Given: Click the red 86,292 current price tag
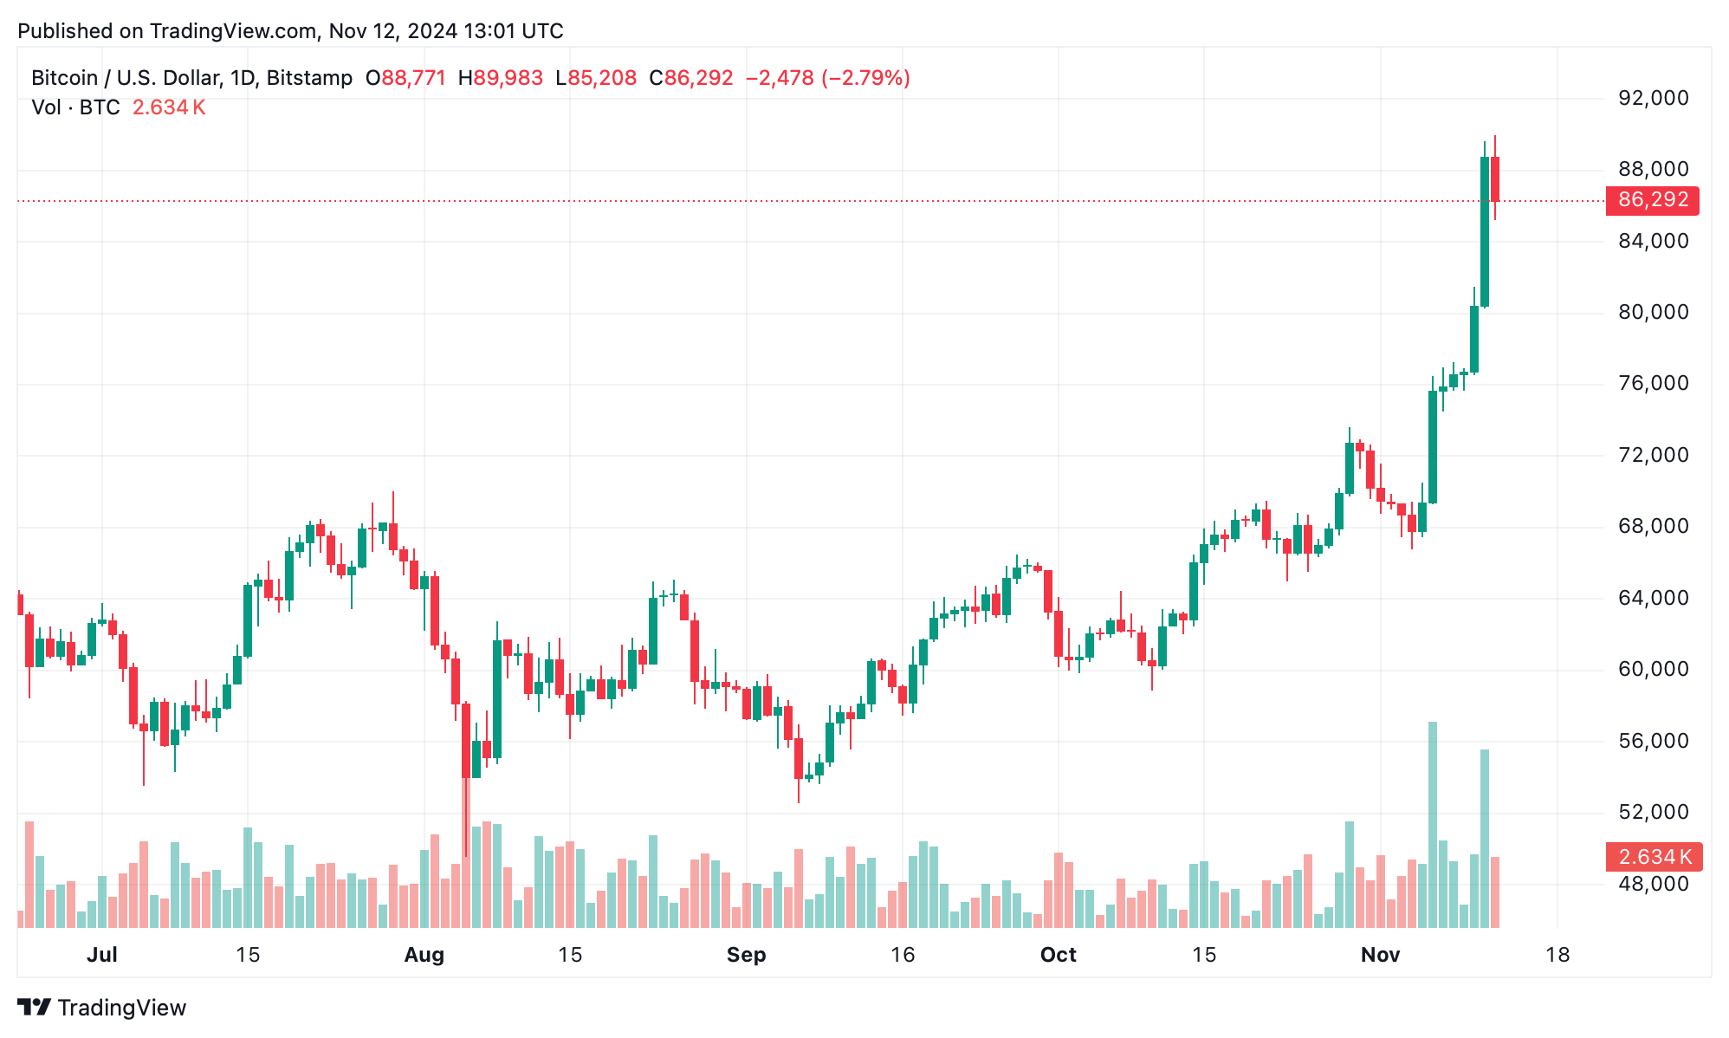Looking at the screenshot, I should pyautogui.click(x=1652, y=200).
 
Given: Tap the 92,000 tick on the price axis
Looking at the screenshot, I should pyautogui.click(x=1654, y=98).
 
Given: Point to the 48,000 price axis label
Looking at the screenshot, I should pyautogui.click(x=1654, y=884).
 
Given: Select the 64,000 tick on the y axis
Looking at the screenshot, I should pyautogui.click(x=1654, y=598).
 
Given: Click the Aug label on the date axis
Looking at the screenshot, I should pyautogui.click(x=424, y=955).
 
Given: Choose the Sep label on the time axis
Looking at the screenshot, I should pyautogui.click(x=746, y=955).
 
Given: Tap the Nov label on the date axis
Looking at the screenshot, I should pyautogui.click(x=1380, y=955).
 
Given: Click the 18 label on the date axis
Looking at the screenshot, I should pyautogui.click(x=1557, y=955).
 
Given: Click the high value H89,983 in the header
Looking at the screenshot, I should pyautogui.click(x=501, y=78).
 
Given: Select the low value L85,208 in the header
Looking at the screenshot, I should pyautogui.click(x=596, y=78).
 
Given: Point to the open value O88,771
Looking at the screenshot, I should pyautogui.click(x=405, y=78).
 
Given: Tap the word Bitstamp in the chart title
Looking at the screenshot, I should pyautogui.click(x=309, y=78).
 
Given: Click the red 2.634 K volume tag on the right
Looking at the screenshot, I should pyautogui.click(x=1654, y=857).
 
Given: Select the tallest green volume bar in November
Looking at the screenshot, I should pyautogui.click(x=1433, y=823).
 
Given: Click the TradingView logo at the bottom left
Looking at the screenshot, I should pyautogui.click(x=102, y=1008).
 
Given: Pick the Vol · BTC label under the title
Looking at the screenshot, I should pyautogui.click(x=75, y=107).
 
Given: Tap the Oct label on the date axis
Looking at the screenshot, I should pyautogui.click(x=1058, y=955).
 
